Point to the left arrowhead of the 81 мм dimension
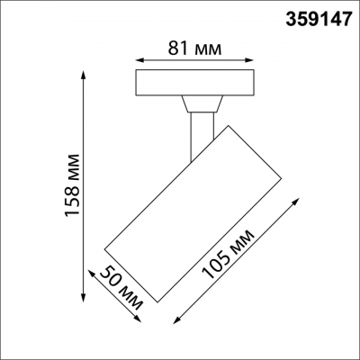tap(136, 60)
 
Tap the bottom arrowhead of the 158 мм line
tap(83, 297)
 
